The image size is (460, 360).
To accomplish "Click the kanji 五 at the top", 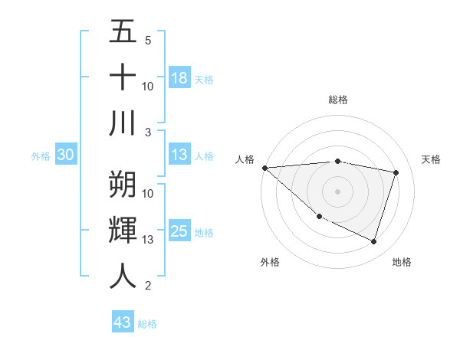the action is [123, 32].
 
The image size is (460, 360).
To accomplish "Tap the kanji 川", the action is [123, 123].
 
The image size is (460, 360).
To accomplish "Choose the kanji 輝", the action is [123, 229].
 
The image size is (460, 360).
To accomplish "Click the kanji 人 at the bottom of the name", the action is [123, 275].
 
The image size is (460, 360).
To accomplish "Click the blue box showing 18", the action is [179, 78].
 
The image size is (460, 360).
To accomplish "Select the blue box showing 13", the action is [179, 155].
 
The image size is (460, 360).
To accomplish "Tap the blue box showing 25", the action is [179, 231].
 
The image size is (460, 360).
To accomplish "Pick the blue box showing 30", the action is [65, 155].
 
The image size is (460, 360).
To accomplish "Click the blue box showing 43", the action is [123, 322].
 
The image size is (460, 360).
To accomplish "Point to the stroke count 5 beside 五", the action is [148, 40].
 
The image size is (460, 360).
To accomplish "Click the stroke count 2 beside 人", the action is [148, 286].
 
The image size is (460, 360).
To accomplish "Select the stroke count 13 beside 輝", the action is [148, 240].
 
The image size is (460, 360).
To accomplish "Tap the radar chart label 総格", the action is [338, 100].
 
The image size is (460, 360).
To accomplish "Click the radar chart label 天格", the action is [432, 159].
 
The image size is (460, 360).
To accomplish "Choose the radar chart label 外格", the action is [270, 262].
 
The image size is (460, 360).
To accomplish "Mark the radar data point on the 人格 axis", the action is [264, 168].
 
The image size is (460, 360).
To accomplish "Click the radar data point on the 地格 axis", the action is [373, 242].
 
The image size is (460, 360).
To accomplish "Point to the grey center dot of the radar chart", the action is [337, 191].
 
